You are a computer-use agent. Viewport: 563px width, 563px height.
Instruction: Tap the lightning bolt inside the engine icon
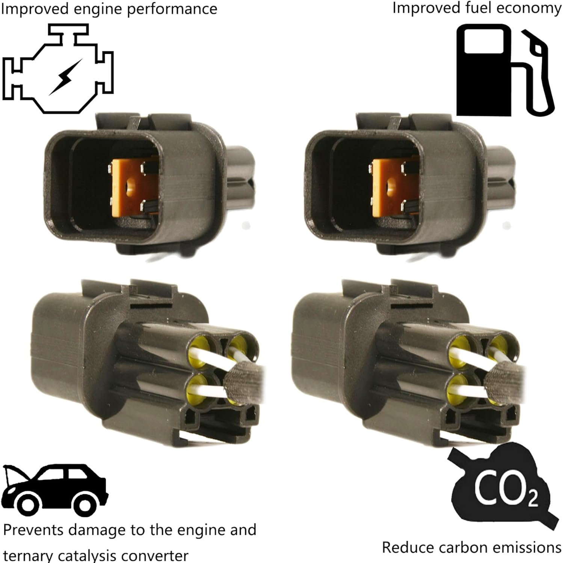coord(65,77)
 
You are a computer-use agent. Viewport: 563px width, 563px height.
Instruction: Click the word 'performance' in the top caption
coord(172,9)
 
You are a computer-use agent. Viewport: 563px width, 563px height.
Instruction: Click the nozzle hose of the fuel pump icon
coord(537,75)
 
